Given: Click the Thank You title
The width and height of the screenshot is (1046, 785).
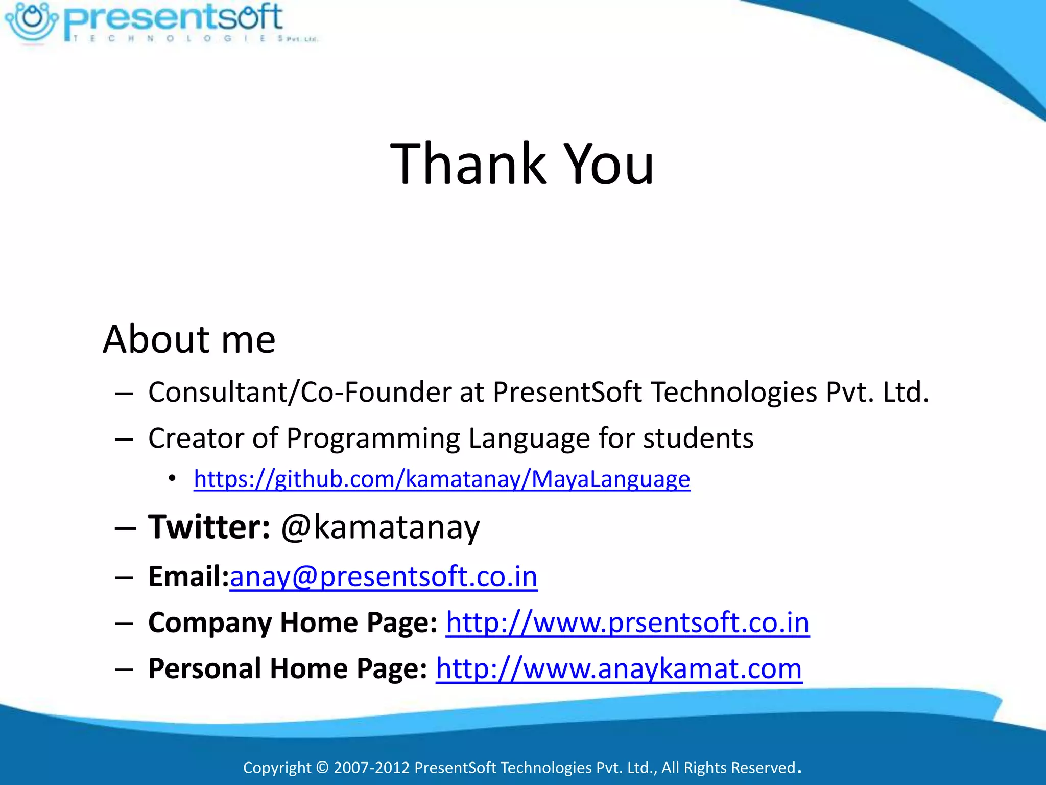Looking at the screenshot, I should [522, 164].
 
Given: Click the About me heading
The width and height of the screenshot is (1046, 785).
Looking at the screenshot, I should [189, 339].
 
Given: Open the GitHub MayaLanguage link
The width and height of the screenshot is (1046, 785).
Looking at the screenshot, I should [442, 479].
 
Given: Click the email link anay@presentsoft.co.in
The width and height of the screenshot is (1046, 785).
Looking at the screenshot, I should [384, 576].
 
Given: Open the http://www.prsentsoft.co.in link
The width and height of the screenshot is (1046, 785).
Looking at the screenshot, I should [628, 622].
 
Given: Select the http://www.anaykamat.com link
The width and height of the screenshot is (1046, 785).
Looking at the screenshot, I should [619, 668].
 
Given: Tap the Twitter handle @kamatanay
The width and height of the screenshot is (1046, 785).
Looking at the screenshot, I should [381, 527].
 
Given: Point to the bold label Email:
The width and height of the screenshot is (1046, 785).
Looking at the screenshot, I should [188, 576].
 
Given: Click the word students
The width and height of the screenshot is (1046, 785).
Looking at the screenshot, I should [698, 438].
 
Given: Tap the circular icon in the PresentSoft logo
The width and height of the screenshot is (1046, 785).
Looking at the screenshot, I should [32, 20].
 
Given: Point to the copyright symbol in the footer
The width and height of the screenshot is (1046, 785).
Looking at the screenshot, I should [322, 768].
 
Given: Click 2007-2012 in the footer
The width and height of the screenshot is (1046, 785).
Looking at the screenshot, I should [371, 768].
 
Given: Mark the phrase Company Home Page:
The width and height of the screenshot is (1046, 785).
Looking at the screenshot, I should [293, 622].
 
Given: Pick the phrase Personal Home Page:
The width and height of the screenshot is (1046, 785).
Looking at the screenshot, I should [288, 668].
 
